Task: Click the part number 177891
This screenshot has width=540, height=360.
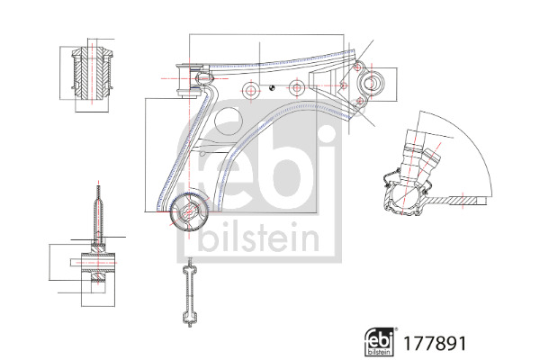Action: coord(435,343)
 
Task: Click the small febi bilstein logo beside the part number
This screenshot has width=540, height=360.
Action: coord(379,342)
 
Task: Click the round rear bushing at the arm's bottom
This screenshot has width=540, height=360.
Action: coord(189,211)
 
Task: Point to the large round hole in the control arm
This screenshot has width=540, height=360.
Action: coord(229,121)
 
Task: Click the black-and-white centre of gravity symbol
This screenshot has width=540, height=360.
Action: coord(272,87)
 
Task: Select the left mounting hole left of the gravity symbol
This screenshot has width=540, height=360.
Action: coord(251,90)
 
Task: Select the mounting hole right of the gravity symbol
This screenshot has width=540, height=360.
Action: coord(297,87)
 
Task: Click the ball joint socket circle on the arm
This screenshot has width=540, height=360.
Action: coord(370,83)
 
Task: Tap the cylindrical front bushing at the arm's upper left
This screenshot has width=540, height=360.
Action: coord(189,81)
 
